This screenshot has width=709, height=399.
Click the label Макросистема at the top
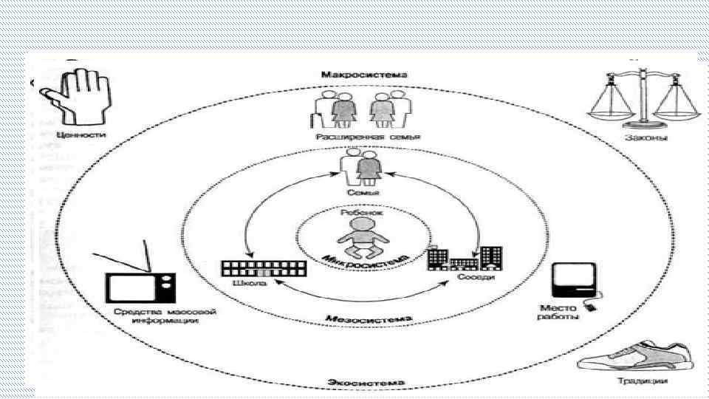[x=354, y=75]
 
